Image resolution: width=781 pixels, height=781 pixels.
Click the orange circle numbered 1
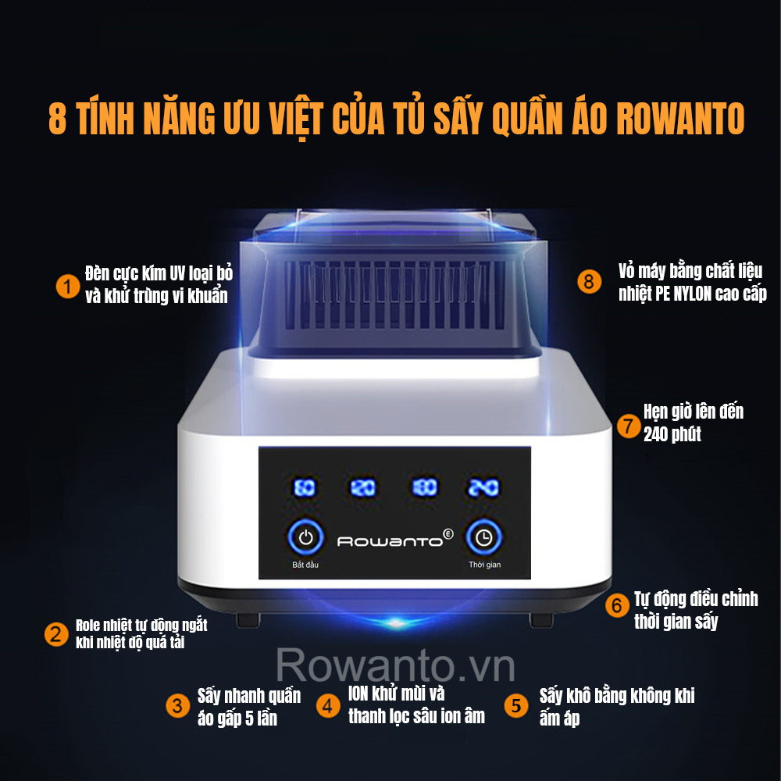tap(68, 287)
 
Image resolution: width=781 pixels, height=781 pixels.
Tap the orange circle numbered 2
tap(56, 634)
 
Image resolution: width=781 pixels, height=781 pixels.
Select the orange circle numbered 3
tap(177, 706)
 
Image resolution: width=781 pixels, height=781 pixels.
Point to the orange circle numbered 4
tap(328, 706)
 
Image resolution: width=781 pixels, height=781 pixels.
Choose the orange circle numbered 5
tap(516, 705)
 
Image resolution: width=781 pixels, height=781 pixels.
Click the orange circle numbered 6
tap(617, 605)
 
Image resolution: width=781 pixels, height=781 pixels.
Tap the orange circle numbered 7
tap(629, 426)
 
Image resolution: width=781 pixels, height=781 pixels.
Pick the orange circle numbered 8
tap(589, 281)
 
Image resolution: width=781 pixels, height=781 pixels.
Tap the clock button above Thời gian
tap(483, 537)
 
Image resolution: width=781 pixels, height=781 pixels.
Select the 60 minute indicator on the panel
tap(305, 487)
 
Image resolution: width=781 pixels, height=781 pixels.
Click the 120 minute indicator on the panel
tap(363, 487)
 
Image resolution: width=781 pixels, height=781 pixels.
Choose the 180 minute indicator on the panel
tap(425, 487)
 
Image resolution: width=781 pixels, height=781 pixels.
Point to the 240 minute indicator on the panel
tap(483, 487)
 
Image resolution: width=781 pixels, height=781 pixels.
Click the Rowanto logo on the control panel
tap(395, 539)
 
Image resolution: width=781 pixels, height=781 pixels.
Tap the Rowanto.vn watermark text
tap(395, 665)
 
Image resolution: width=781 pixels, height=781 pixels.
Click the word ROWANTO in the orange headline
tap(680, 119)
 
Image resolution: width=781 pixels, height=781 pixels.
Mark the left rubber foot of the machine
tap(248, 620)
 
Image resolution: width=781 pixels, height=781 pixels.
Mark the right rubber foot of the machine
tap(541, 620)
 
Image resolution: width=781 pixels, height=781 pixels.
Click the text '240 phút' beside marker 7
tap(672, 434)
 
